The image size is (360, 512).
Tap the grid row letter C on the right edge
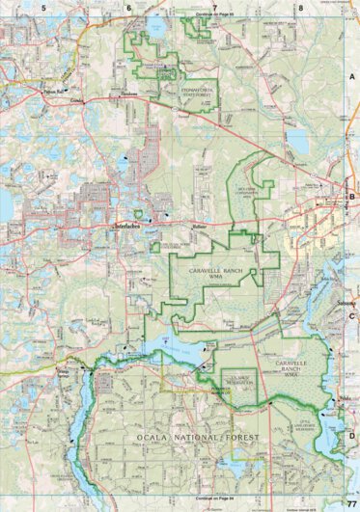point(352,315)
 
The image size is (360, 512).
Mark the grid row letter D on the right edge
point(352,435)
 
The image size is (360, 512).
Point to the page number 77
point(351,504)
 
